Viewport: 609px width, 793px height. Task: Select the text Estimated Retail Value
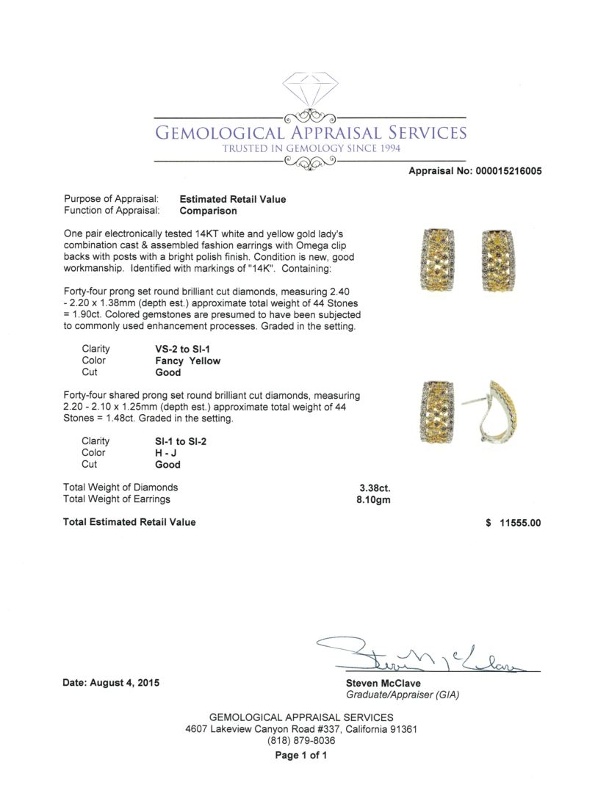pos(233,199)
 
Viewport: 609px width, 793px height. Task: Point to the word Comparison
pos(208,211)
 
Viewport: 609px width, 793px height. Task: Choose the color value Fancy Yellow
pos(187,361)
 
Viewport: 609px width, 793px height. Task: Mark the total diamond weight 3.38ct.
pos(373,487)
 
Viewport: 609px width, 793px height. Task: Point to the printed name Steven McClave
pos(383,683)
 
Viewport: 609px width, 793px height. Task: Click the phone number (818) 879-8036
pos(301,741)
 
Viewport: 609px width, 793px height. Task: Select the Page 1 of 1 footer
pos(301,755)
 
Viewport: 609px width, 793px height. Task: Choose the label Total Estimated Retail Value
pos(129,522)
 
